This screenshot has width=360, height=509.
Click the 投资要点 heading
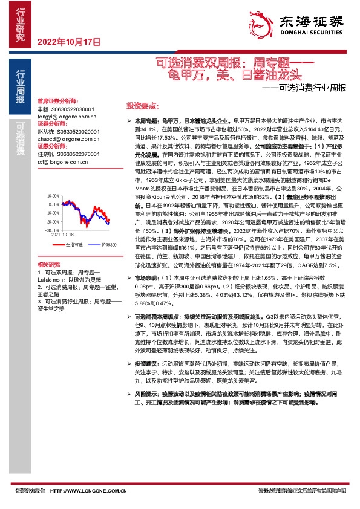(137, 104)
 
